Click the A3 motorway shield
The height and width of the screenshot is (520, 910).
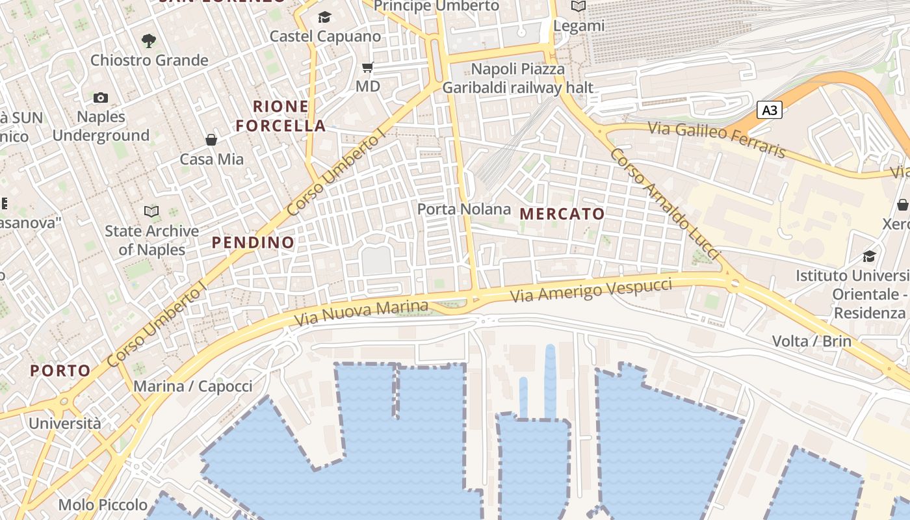pos(769,110)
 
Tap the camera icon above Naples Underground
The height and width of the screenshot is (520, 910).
pos(101,97)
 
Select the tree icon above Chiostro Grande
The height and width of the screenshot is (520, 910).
pos(149,41)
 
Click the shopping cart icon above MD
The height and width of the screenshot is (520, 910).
pos(367,67)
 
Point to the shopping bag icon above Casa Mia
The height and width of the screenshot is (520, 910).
pos(211,140)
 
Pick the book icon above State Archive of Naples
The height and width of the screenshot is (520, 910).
pos(151,211)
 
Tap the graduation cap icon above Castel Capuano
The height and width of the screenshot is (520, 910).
pos(324,17)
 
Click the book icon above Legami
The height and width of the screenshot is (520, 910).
pos(578,6)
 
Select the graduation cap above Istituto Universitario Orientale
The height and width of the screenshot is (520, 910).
pos(869,256)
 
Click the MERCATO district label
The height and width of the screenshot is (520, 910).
pos(562,214)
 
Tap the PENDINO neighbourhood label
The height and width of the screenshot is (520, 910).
pos(253,242)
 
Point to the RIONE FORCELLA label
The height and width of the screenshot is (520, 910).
pos(281,116)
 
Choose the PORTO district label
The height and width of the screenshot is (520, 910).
pos(60,371)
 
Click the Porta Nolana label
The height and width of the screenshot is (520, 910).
pos(463,209)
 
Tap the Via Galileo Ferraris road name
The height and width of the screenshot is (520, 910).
pos(717,140)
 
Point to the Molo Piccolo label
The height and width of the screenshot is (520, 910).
pos(103,504)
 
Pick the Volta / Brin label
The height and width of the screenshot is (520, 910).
pos(811,341)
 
